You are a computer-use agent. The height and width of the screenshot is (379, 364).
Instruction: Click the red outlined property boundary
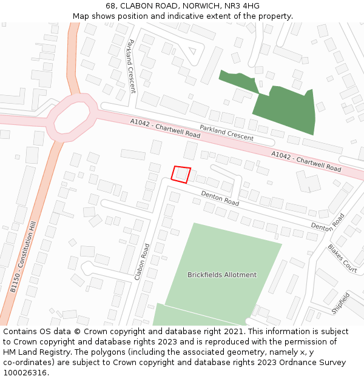coord(181,174)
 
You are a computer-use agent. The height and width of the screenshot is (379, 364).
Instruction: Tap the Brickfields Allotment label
coord(222,275)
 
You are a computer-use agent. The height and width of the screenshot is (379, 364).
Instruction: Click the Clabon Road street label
coord(142,261)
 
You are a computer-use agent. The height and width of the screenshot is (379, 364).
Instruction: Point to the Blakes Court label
coord(342,258)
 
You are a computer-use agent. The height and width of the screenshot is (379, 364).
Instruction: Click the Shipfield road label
coord(340,303)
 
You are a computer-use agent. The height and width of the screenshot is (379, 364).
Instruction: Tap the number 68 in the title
coord(110,6)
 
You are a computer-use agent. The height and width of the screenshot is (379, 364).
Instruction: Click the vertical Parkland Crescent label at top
coord(131,66)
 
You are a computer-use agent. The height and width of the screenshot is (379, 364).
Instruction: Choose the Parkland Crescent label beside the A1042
coord(226,133)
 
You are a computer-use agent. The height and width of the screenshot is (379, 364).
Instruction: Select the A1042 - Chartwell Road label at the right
coord(306,161)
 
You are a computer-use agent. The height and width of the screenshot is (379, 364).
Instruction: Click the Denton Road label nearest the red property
coord(220,197)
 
